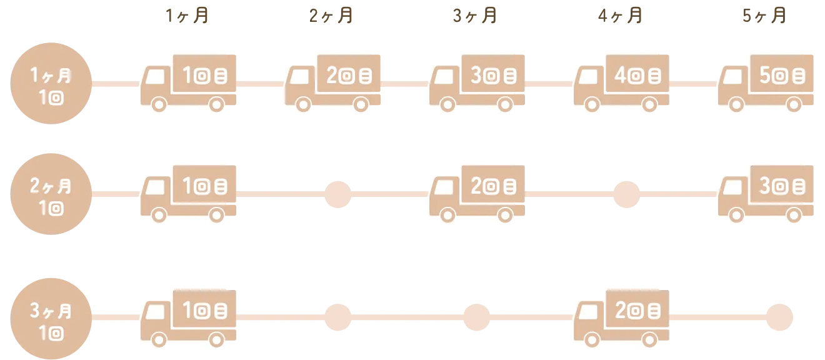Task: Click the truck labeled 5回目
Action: click(767, 82)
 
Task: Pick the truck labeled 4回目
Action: click(622, 82)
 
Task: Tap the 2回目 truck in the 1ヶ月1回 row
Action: click(333, 82)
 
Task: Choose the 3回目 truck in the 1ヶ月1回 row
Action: click(477, 82)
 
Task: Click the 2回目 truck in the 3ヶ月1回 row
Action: click(622, 316)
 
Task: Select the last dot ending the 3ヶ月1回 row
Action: click(779, 316)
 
